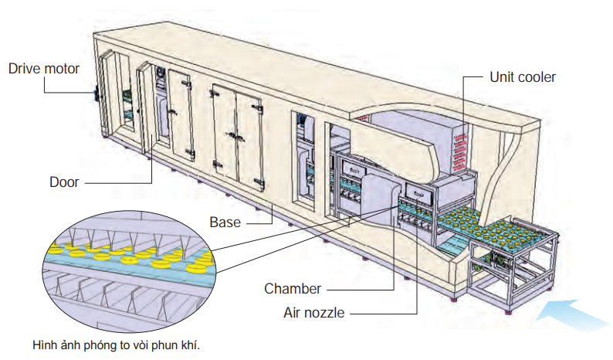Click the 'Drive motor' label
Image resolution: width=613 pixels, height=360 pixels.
click(x=44, y=69)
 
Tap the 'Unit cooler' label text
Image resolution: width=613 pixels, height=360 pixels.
click(x=523, y=77)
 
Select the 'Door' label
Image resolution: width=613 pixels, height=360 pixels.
click(x=65, y=182)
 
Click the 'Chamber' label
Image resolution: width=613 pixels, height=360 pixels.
click(x=293, y=289)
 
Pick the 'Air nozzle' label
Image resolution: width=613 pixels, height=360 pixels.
click(x=313, y=313)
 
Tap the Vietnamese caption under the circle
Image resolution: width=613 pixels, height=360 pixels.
click(x=116, y=345)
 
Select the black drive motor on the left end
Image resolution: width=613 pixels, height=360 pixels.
click(x=97, y=92)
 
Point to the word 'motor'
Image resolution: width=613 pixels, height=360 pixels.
click(x=62, y=69)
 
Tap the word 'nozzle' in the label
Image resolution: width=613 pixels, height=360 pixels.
click(x=326, y=313)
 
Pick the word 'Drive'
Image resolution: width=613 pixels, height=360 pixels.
click(x=24, y=69)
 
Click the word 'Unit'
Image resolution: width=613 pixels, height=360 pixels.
click(x=502, y=77)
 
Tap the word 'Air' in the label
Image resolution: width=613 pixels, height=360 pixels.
click(x=293, y=313)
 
